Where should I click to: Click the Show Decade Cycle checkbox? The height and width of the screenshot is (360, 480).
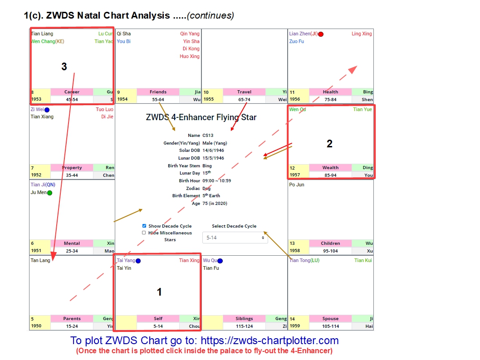[144, 226]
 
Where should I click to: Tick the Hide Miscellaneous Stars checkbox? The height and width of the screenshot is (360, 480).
[144, 233]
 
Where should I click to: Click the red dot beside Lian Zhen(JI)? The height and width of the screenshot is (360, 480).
[321, 34]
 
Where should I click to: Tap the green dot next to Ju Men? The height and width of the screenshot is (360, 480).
[49, 193]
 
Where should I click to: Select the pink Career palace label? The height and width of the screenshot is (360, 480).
[72, 92]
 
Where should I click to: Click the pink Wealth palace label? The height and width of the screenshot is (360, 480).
[330, 168]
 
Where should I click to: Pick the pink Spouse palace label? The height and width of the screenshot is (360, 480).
[330, 319]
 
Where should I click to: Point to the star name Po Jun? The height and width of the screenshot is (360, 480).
[297, 185]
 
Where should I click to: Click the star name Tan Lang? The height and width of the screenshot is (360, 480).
[40, 261]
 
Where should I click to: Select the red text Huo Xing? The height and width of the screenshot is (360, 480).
[190, 57]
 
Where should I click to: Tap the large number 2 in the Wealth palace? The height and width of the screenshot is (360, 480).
[330, 144]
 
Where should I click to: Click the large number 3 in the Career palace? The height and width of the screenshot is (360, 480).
[64, 67]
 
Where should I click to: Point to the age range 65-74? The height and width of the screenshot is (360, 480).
[244, 99]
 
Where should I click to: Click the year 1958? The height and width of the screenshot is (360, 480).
[295, 251]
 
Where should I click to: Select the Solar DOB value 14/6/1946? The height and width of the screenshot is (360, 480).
[213, 151]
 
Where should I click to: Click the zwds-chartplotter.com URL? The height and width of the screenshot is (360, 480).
[269, 341]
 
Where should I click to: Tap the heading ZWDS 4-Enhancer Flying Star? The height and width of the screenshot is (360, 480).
[201, 117]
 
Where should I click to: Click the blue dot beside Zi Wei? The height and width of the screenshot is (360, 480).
[47, 110]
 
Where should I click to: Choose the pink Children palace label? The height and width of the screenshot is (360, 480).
[330, 243]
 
